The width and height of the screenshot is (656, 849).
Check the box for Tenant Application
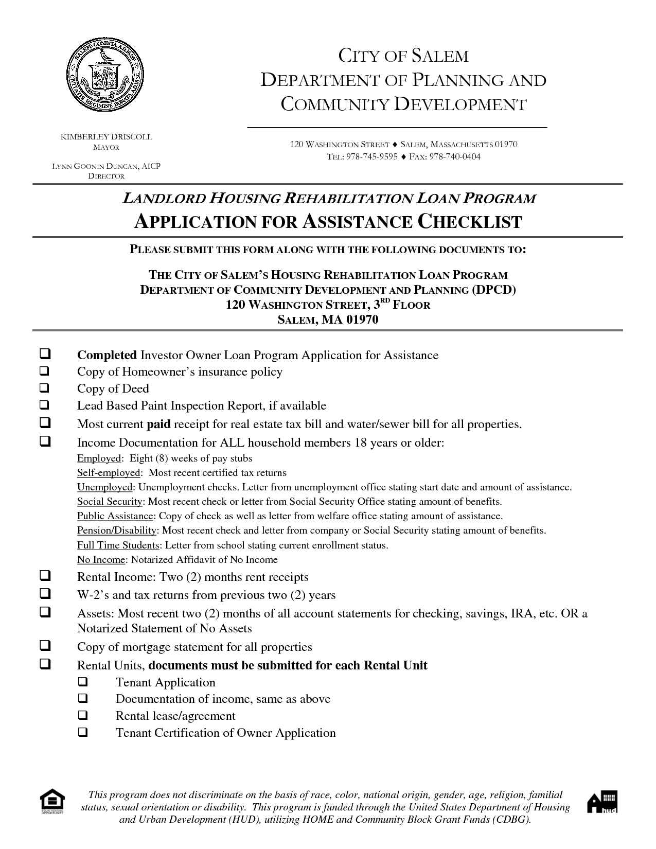pos(83,682)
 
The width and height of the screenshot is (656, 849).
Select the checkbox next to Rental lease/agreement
pos(83,716)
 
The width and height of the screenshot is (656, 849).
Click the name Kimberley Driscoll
pos(107,137)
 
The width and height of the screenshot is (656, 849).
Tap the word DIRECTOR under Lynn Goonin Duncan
pos(106,176)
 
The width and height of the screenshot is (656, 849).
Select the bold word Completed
pos(107,355)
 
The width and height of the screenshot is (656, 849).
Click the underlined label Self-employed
pos(109,472)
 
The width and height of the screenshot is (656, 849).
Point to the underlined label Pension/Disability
pos(117,530)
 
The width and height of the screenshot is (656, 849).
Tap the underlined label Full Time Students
pos(118,545)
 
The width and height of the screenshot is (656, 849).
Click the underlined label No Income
pos(101,559)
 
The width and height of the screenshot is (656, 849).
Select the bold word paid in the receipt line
pos(159,424)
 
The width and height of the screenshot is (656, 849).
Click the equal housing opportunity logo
pos(53,806)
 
